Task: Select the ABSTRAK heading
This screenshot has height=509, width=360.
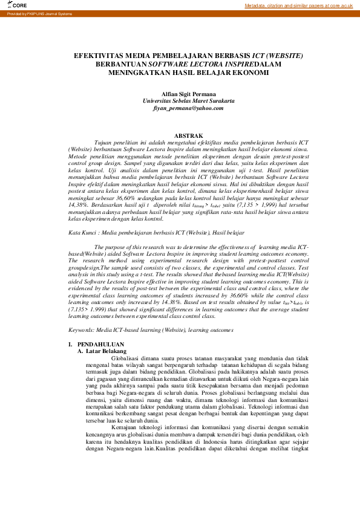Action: pyautogui.click(x=188, y=135)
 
